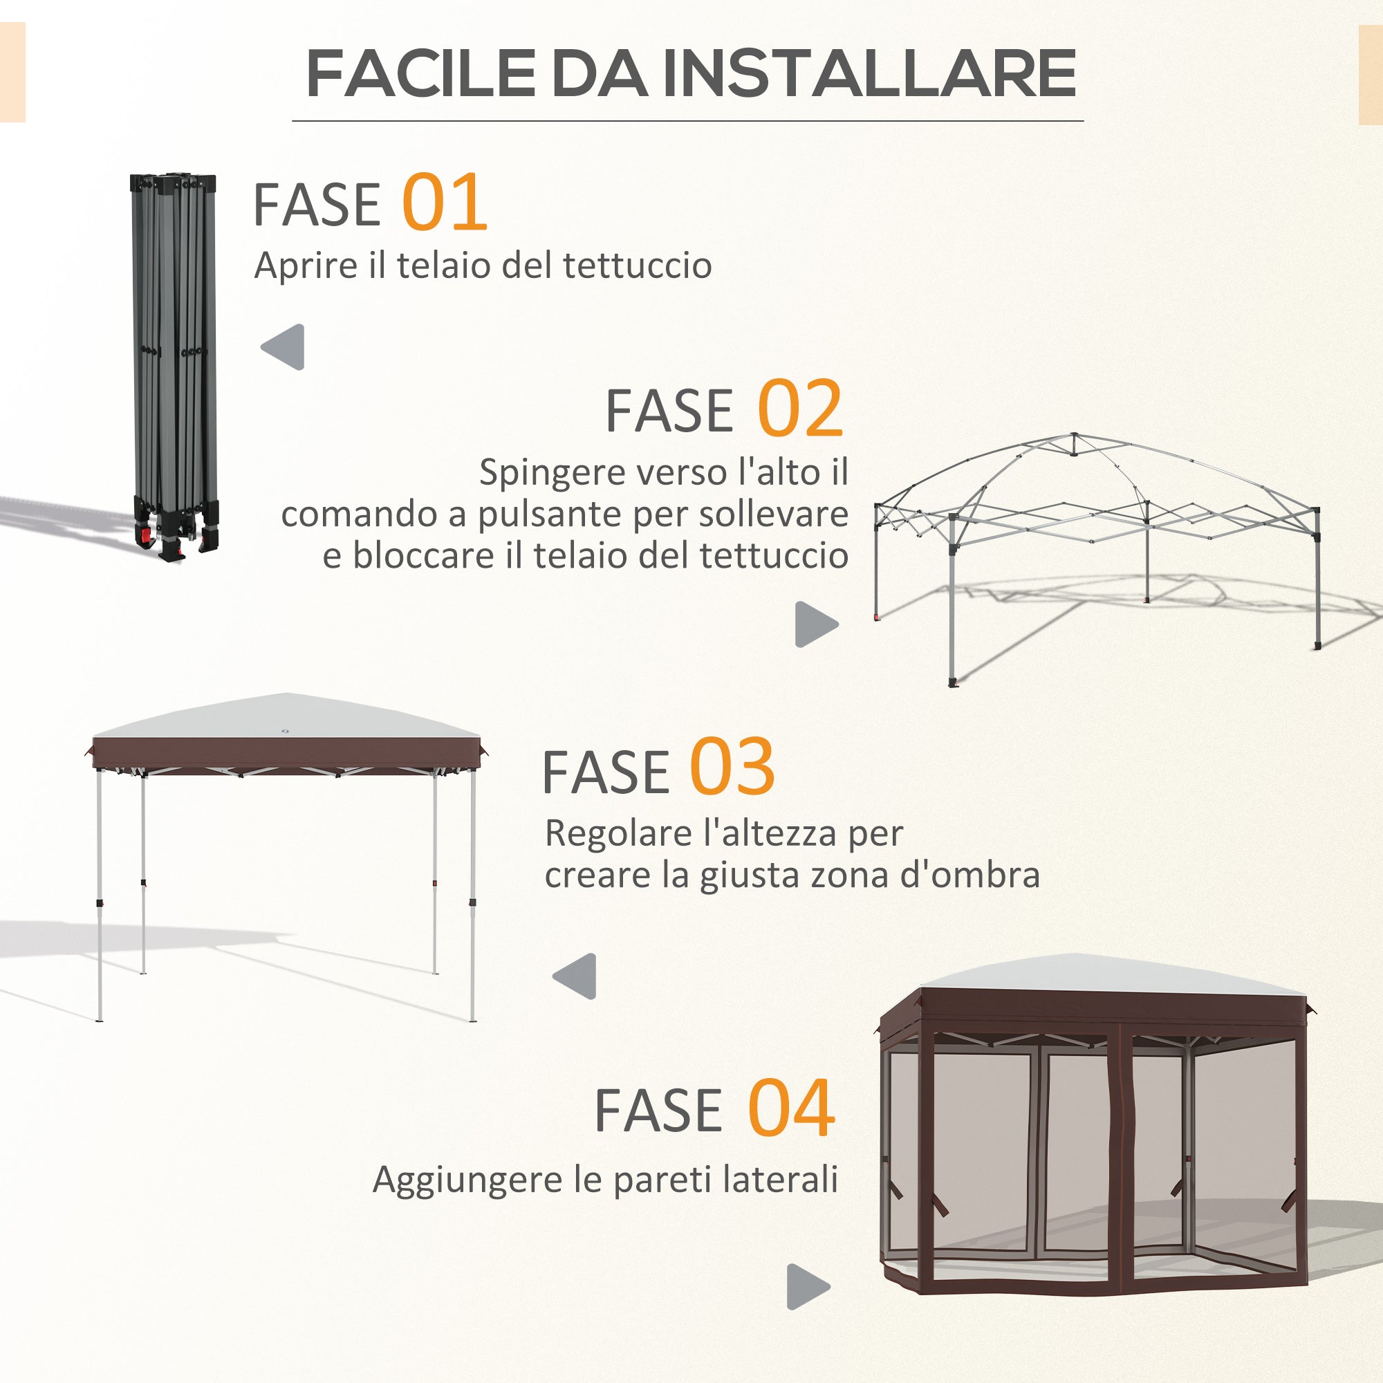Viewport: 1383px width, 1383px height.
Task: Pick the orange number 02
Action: pyautogui.click(x=799, y=409)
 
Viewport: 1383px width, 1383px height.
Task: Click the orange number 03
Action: pyautogui.click(x=732, y=768)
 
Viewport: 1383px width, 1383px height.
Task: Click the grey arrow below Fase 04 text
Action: pyautogui.click(x=808, y=1287)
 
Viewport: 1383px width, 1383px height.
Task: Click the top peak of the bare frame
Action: pyautogui.click(x=1074, y=436)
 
